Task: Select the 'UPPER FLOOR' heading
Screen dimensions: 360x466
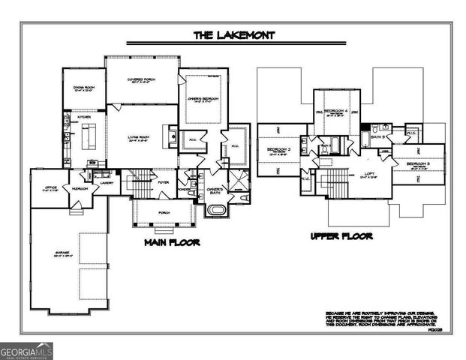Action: coord(342,237)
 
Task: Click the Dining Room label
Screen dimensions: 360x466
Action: coord(83,88)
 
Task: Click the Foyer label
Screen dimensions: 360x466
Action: coord(163,181)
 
